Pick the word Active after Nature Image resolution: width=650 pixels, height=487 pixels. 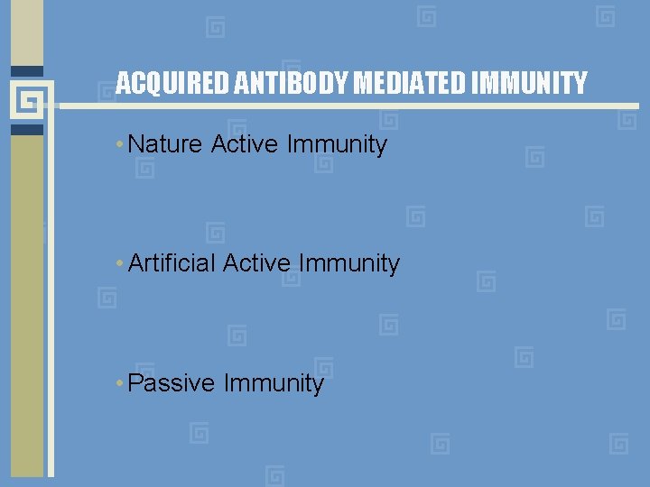(242, 144)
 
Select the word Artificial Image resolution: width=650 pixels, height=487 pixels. (172, 263)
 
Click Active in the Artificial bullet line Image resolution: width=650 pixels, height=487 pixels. (256, 263)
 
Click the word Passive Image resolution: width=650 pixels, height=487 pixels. (172, 383)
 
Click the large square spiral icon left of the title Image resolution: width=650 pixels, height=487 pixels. (27, 99)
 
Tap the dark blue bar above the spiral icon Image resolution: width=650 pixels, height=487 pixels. (27, 71)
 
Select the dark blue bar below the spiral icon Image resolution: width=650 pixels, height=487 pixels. (27, 129)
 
